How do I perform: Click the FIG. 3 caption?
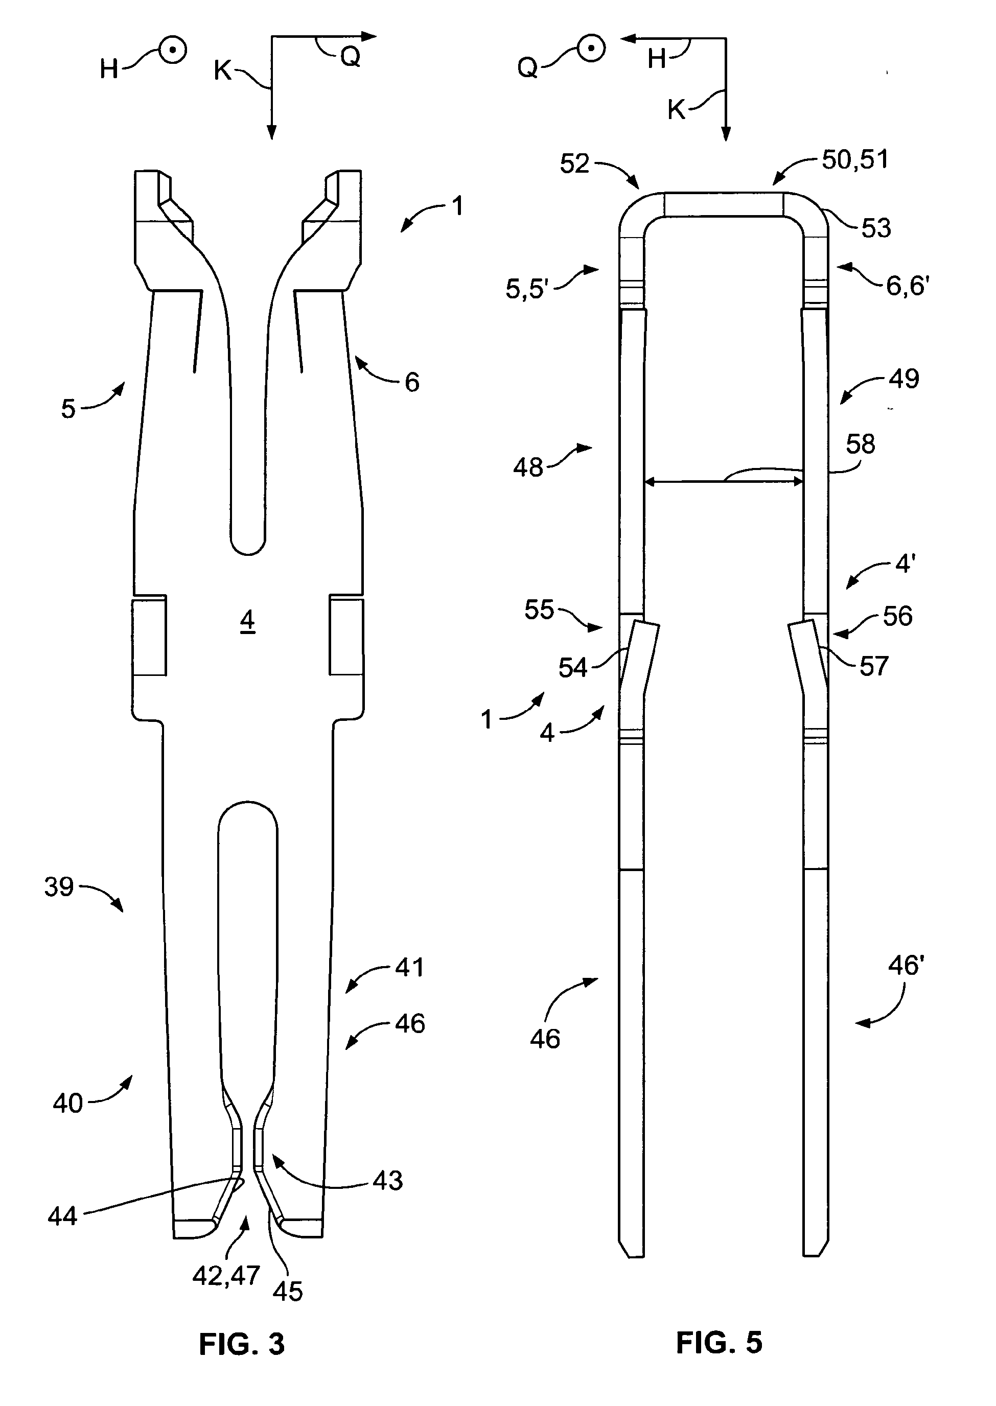pyautogui.click(x=242, y=1345)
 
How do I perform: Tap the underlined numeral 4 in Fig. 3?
pyautogui.click(x=247, y=621)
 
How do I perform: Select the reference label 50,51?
pyautogui.click(x=855, y=160)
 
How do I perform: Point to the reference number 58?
pyautogui.click(x=860, y=444)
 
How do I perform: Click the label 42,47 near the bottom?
pyautogui.click(x=226, y=1276)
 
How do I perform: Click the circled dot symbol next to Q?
pyautogui.click(x=591, y=48)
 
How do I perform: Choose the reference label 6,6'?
pyautogui.click(x=908, y=286)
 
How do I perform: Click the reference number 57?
pyautogui.click(x=874, y=667)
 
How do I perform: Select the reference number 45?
pyautogui.click(x=288, y=1292)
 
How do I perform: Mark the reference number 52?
pyautogui.click(x=575, y=163)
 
